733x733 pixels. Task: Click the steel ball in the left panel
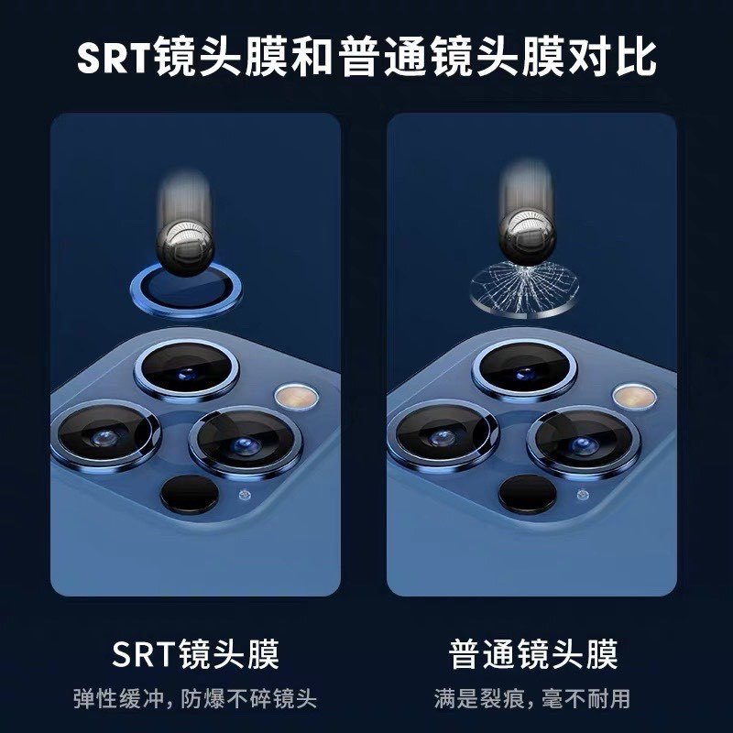click(185, 246)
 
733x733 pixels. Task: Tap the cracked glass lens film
click(524, 289)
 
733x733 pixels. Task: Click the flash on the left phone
click(297, 397)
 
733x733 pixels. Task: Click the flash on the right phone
click(634, 396)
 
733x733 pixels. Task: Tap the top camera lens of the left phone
click(187, 370)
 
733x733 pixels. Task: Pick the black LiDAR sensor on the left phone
click(190, 494)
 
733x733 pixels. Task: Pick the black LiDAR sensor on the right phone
click(528, 494)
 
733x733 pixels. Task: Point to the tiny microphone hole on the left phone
click(244, 495)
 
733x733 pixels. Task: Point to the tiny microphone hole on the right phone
click(582, 495)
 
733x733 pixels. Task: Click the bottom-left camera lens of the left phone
click(105, 436)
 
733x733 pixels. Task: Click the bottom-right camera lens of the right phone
click(584, 443)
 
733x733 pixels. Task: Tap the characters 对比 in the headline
click(612, 58)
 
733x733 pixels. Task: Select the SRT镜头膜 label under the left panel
click(195, 654)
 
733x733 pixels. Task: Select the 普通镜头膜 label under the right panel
click(533, 654)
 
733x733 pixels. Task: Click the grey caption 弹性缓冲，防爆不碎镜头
click(195, 699)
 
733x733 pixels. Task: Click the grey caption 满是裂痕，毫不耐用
click(532, 699)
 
